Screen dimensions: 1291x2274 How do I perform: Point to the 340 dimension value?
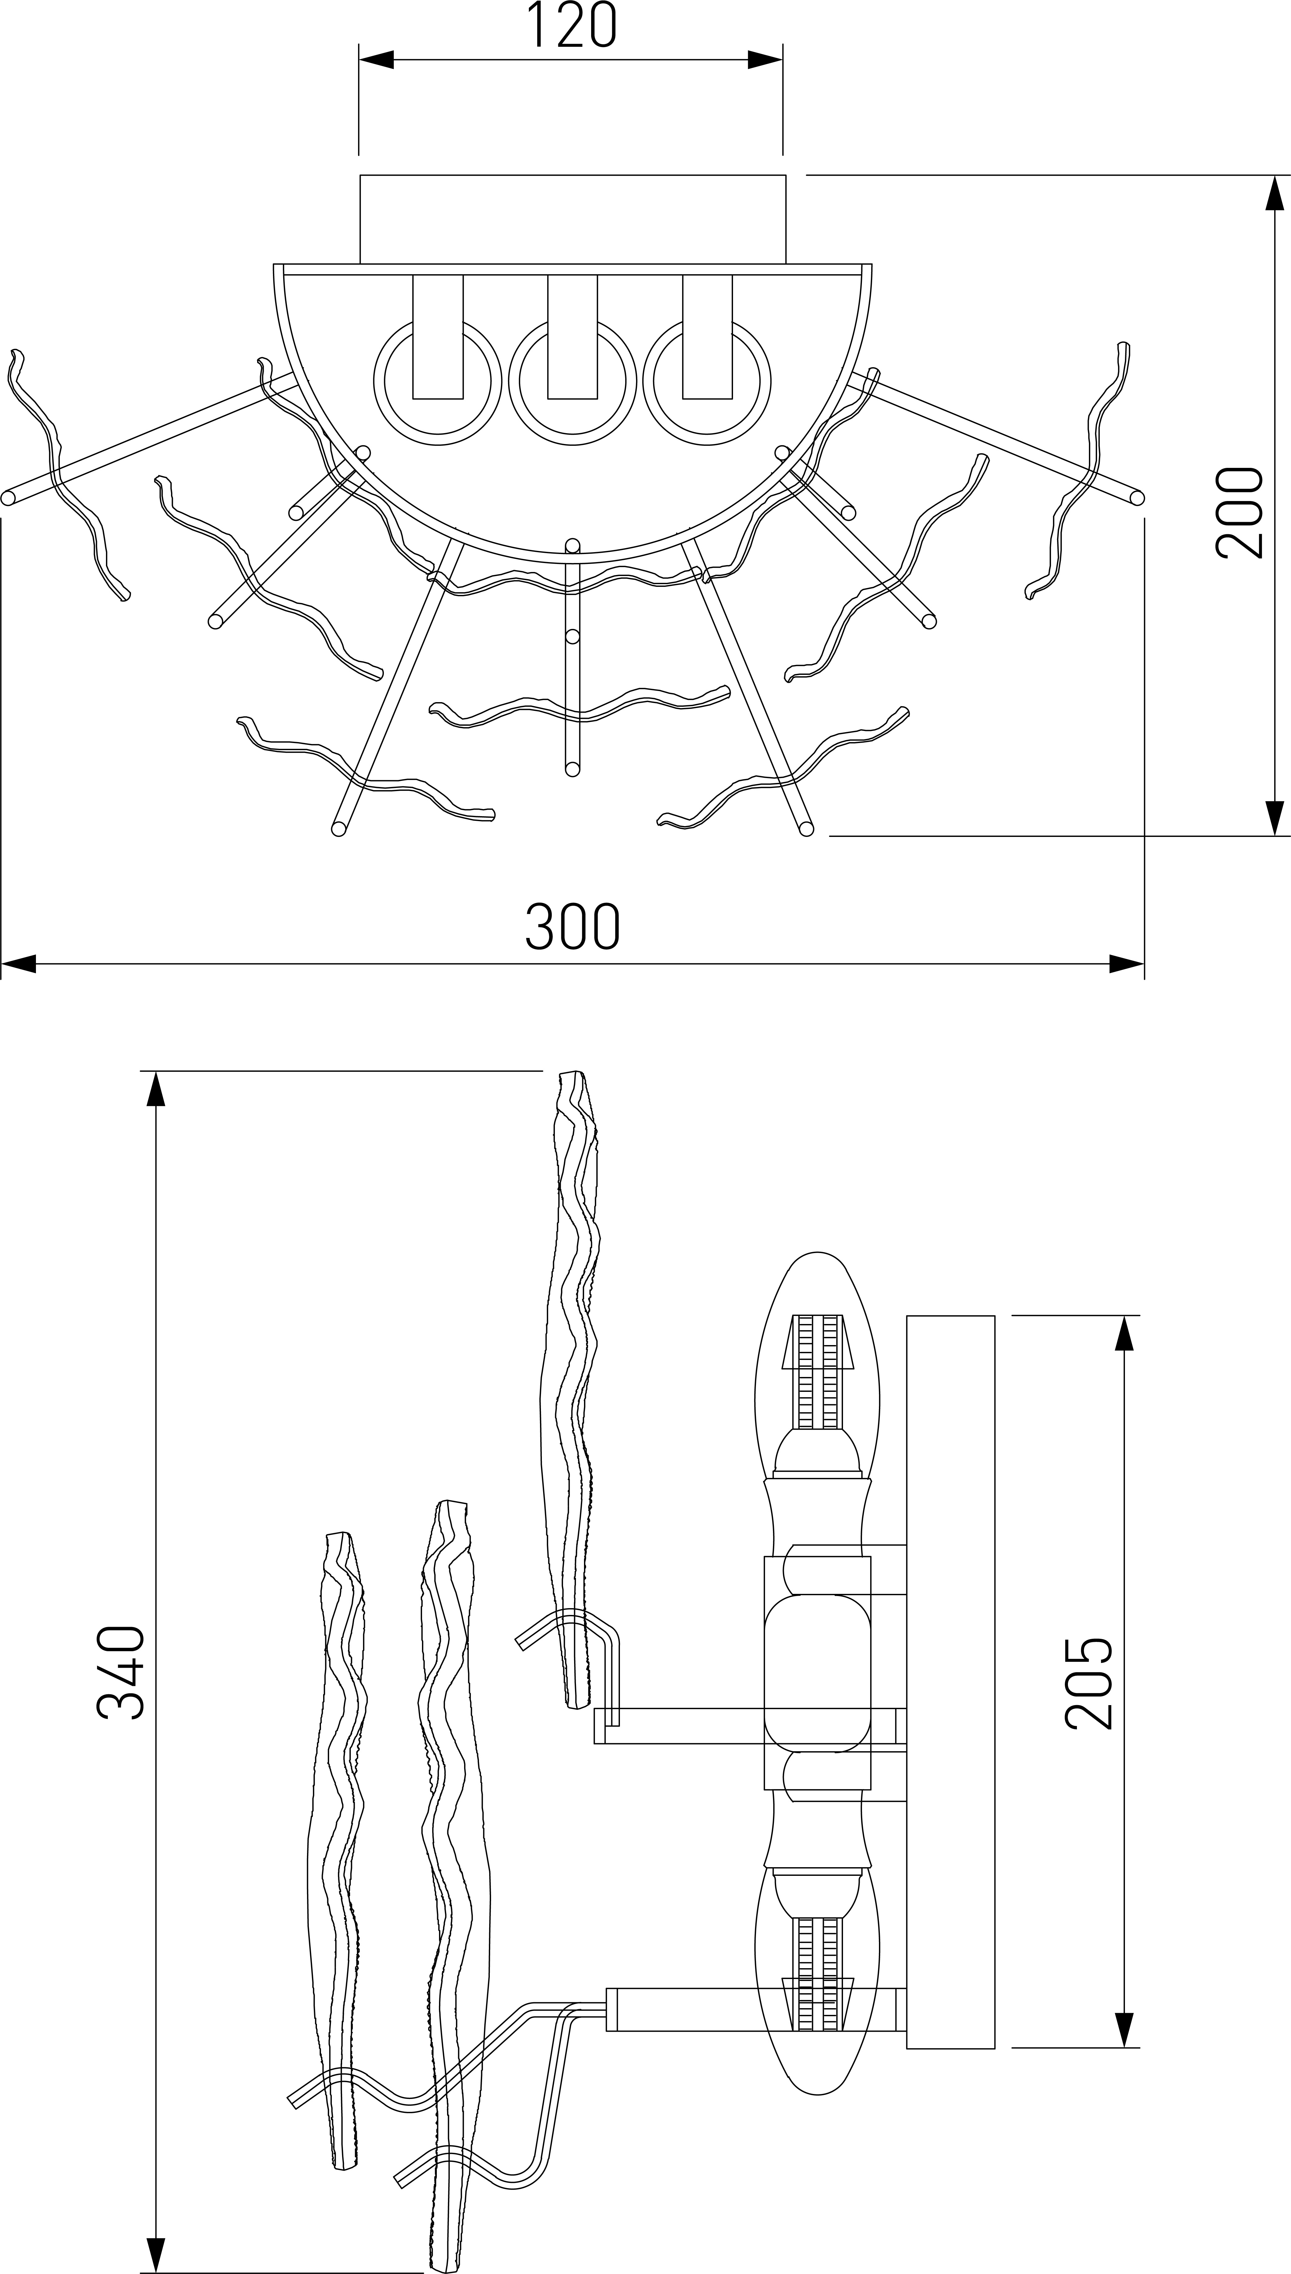(x=121, y=1672)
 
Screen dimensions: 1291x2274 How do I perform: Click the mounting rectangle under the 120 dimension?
(x=572, y=219)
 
